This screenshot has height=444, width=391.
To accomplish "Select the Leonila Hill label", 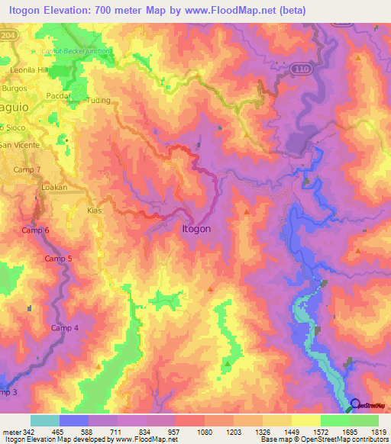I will tap(28, 67).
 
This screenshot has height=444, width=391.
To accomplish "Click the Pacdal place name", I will tap(58, 95).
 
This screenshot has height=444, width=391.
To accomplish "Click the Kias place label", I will tap(95, 210).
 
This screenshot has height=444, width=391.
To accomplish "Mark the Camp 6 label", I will tap(35, 230).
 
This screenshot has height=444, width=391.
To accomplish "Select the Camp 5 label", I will tap(58, 259).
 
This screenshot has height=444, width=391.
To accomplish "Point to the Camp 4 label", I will tap(64, 328).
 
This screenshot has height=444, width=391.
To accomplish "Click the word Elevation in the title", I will tap(69, 10).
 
